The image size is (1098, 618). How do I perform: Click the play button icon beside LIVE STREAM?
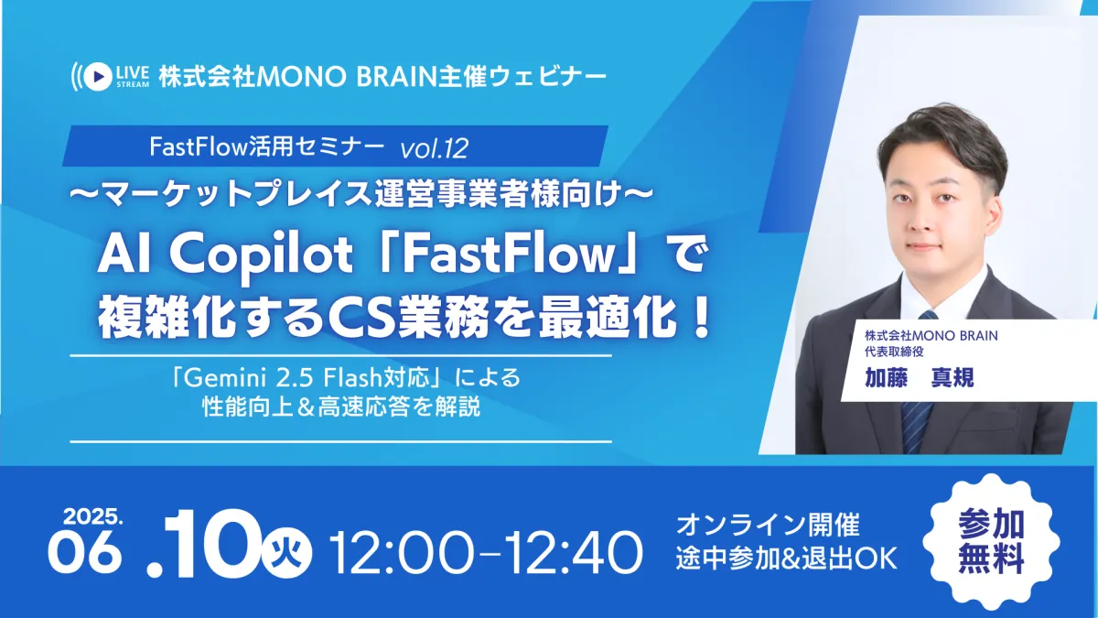[98, 77]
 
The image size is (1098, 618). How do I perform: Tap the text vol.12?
[435, 147]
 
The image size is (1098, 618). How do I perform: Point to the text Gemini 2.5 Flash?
[284, 377]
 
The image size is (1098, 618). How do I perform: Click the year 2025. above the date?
[92, 516]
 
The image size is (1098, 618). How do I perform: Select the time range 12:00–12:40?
[485, 552]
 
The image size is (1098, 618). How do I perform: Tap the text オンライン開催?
[768, 525]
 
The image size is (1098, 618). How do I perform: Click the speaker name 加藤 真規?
[919, 377]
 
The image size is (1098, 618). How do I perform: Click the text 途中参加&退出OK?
[787, 558]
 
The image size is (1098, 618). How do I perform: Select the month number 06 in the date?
[84, 552]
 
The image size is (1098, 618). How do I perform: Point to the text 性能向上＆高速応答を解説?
[341, 407]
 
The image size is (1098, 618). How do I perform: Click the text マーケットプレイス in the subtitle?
[237, 194]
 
